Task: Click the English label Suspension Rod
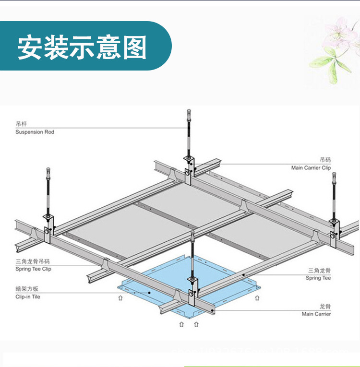[35, 132]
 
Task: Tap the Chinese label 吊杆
[21, 124]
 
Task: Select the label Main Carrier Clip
[311, 168]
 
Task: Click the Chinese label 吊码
[325, 160]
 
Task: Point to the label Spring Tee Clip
[33, 269]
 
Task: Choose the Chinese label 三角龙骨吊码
[32, 262]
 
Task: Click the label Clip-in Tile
[28, 297]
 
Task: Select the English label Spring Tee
[318, 278]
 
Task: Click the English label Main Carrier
[316, 314]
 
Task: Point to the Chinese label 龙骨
[325, 306]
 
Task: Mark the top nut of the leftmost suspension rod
[48, 170]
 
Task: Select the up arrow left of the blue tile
[120, 298]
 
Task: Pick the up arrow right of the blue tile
[257, 298]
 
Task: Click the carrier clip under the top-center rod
[188, 166]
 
